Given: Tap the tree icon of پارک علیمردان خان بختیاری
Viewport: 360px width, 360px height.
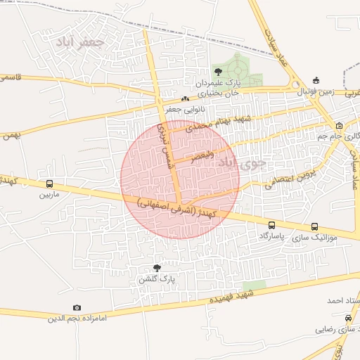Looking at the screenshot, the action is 218,71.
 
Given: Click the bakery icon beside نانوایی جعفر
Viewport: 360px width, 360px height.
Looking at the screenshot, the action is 185,99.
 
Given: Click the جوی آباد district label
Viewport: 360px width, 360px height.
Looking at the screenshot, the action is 243,164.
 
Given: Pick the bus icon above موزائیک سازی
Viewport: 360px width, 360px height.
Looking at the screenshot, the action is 314,226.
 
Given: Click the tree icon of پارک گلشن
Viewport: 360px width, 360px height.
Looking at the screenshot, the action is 157,268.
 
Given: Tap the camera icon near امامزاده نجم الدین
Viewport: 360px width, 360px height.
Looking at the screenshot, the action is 77,308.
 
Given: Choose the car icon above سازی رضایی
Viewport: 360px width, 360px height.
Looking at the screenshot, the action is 339,317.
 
